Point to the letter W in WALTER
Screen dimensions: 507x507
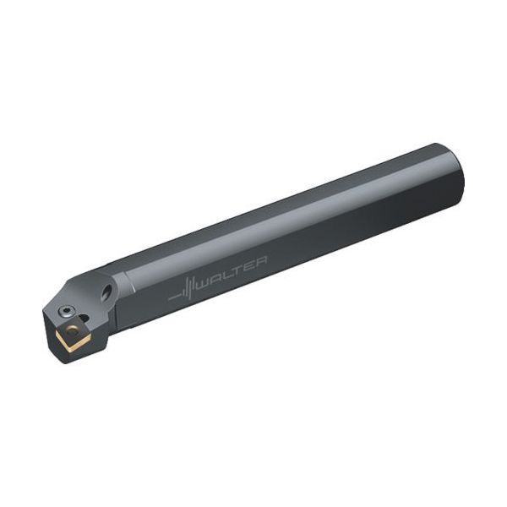[x=204, y=281]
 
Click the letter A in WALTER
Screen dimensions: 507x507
[x=215, y=277]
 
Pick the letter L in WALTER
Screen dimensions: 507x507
[x=226, y=273]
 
